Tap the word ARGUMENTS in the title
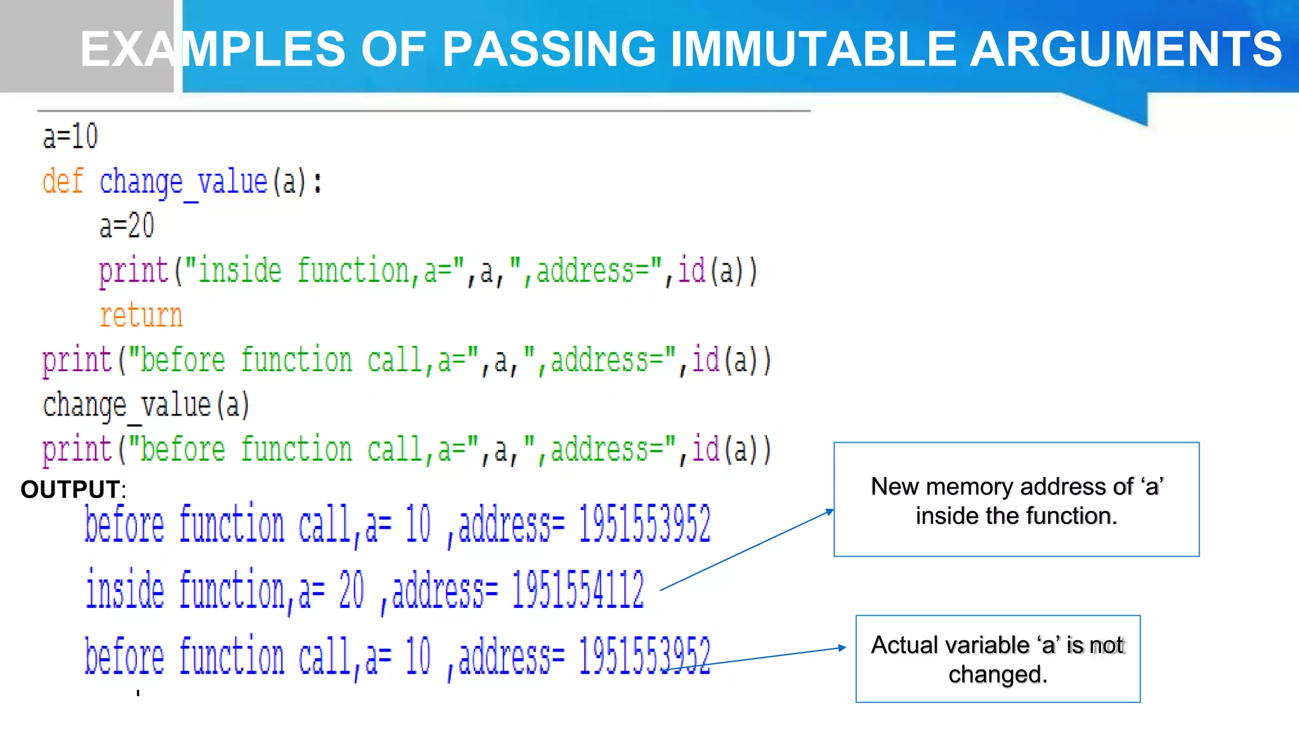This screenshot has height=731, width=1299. coord(1126,49)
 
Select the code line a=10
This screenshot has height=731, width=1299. coord(70,136)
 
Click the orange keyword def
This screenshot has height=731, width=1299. coord(63,181)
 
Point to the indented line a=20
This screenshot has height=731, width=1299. coord(127,226)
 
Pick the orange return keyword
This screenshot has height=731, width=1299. coord(141,315)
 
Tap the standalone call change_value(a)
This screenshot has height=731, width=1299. coord(146,405)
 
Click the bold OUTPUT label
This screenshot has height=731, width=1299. coord(70,489)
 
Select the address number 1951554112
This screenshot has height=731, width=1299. coord(578,590)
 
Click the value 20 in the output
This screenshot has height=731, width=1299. coord(351,590)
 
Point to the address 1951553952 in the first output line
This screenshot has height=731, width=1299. coord(644,524)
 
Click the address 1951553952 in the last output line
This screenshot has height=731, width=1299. coord(644,656)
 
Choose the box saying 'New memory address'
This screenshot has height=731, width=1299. coord(1016,500)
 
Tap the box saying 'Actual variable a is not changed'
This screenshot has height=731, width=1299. coord(998,659)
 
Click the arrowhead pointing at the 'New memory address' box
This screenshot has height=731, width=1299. coord(830,511)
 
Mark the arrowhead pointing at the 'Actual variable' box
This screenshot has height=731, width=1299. coord(842,648)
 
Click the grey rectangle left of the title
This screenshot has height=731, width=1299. coord(86,46)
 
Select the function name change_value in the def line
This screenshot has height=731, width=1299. coord(183,182)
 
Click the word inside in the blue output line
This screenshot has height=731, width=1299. coord(125,590)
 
